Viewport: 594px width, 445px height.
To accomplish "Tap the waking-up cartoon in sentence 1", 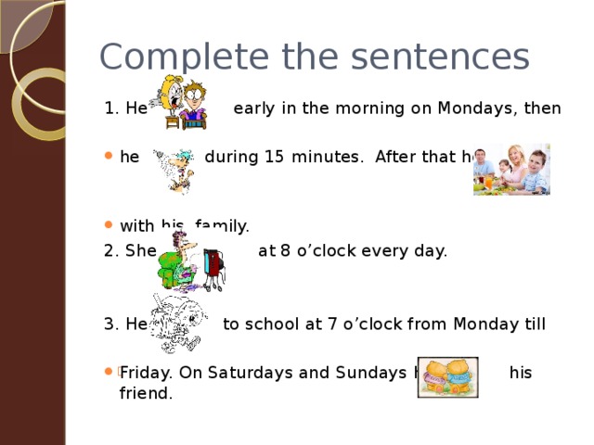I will [182, 102].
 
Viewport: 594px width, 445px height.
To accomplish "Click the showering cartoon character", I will [172, 167].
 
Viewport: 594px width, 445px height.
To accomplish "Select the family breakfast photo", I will [511, 169].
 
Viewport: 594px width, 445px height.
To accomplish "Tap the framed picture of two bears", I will [447, 376].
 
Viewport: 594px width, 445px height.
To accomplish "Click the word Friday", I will [145, 372].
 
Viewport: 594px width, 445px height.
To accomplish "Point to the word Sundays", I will [354, 372].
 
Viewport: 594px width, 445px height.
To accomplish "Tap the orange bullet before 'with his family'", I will [110, 226].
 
